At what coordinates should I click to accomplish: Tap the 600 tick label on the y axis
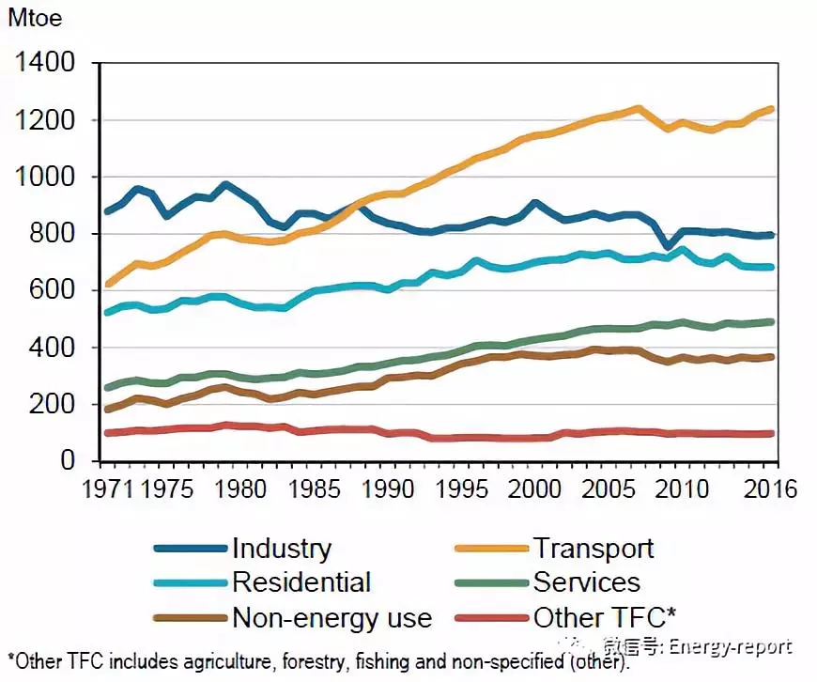[x=55, y=291]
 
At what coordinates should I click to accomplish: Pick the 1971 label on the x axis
[x=103, y=489]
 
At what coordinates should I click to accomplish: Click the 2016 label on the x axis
[x=771, y=489]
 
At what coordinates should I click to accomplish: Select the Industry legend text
[x=282, y=549]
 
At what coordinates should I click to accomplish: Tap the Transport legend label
[x=593, y=549]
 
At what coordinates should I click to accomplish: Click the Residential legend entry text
[x=301, y=582]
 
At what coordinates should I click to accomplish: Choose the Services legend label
[x=587, y=582]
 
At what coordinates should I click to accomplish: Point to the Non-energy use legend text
[x=331, y=617]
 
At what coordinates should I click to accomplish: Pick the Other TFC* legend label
[x=605, y=617]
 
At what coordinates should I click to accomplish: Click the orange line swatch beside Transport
[x=491, y=550]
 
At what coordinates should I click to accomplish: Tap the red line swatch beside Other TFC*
[x=491, y=618]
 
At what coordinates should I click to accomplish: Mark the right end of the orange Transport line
[x=772, y=109]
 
